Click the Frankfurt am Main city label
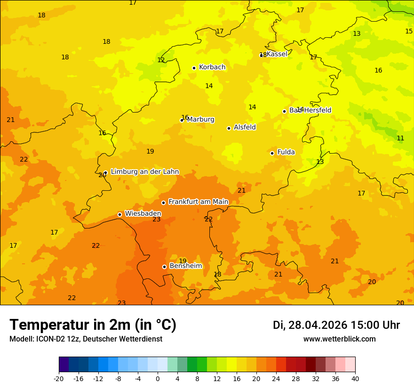198,202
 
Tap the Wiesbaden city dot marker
119,214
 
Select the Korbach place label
212,67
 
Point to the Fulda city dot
272,153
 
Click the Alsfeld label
245,127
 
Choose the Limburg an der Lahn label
144,172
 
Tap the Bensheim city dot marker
164,267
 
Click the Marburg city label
200,120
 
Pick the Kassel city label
277,54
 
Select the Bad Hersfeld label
310,110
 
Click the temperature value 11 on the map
400,138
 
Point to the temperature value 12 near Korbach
161,60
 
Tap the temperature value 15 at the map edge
409,31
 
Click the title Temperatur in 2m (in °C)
93,325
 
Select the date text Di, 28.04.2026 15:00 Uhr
336,325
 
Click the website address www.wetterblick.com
339,339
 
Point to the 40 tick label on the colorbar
355,379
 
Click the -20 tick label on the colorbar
59,379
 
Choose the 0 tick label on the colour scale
158,379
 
